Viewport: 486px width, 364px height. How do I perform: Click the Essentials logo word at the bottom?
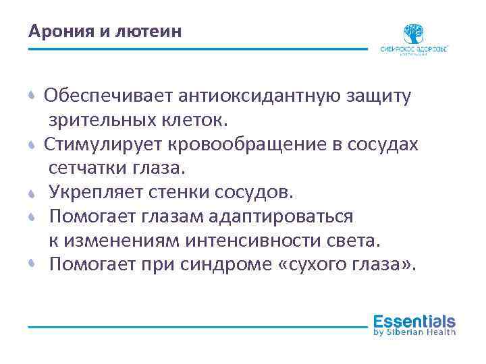point(414,322)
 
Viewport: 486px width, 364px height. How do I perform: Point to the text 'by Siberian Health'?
point(414,332)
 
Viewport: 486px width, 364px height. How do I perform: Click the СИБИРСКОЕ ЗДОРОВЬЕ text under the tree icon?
point(414,49)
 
